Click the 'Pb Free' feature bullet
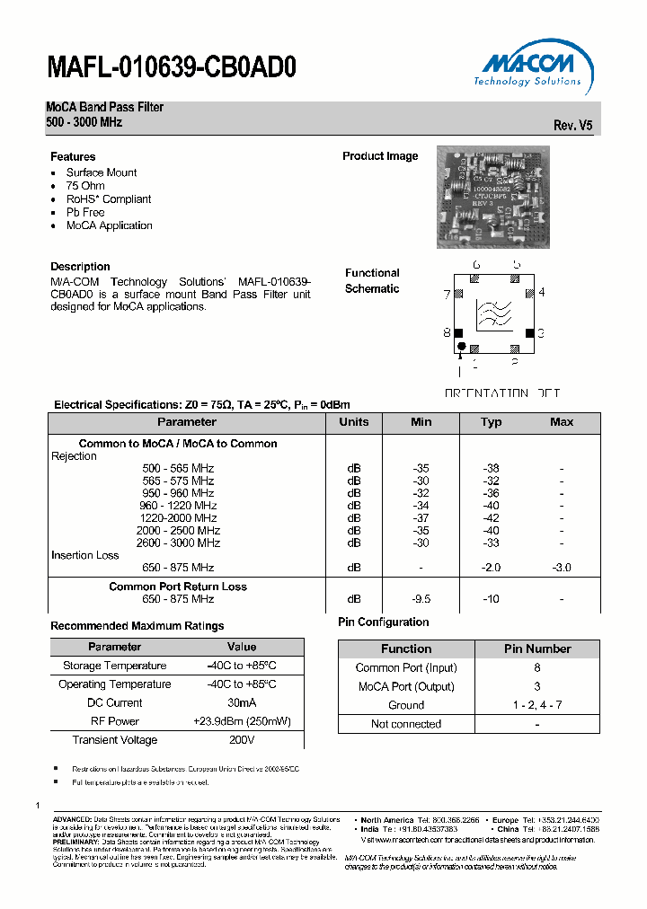[85, 213]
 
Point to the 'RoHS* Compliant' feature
[109, 199]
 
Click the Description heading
[80, 267]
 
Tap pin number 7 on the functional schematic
[447, 294]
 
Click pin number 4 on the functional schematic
[542, 293]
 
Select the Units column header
[354, 422]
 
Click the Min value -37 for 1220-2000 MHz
[421, 518]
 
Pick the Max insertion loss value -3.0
[562, 568]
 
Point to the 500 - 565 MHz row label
[178, 469]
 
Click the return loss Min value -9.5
[421, 599]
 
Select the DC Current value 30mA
[242, 703]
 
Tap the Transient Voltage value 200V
[242, 740]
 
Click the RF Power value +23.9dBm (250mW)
[242, 721]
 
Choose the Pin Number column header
[536, 649]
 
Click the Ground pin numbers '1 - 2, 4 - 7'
[536, 705]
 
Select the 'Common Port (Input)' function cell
[406, 667]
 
